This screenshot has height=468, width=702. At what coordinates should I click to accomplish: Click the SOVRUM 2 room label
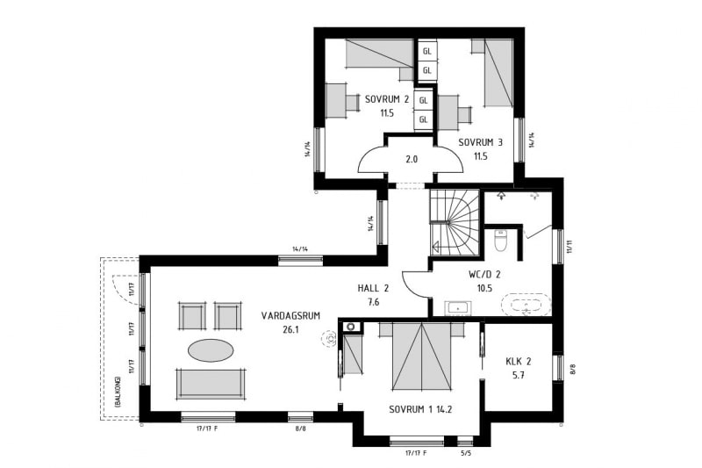tap(387, 99)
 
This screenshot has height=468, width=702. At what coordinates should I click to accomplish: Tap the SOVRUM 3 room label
tap(480, 142)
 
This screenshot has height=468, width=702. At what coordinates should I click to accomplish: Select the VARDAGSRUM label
tap(290, 316)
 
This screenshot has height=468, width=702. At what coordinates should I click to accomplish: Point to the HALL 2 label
tap(373, 288)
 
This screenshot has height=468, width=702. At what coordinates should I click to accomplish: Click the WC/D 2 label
tap(484, 274)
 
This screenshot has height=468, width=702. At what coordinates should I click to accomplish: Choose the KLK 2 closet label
tap(519, 362)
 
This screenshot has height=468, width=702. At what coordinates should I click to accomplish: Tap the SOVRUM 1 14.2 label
tap(420, 409)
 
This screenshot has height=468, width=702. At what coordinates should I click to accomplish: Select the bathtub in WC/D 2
tap(526, 305)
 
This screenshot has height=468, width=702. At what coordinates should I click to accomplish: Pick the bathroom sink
tap(457, 308)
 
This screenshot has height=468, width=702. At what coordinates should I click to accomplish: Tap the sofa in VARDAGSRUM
tap(211, 384)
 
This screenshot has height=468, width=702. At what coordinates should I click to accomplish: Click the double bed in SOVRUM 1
tap(421, 356)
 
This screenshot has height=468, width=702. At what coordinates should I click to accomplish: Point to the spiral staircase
tap(454, 222)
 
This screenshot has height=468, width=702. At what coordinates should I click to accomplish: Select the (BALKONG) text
tap(118, 392)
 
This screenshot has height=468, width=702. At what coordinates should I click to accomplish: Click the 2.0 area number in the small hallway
tap(412, 159)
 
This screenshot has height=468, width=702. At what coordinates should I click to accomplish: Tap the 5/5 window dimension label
tap(466, 453)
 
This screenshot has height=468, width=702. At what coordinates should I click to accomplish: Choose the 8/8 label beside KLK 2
tap(572, 370)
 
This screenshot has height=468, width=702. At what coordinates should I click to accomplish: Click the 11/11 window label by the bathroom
tap(569, 247)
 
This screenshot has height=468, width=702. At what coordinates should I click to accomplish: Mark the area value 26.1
tap(290, 330)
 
